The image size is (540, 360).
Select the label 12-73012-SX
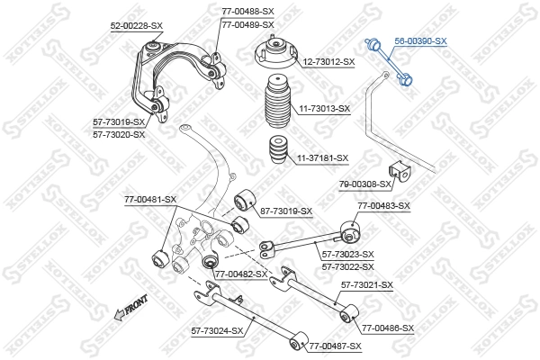328,62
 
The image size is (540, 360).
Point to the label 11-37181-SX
322,157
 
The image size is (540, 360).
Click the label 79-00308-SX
365,184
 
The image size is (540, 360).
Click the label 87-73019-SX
285,211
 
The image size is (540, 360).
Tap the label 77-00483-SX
383,205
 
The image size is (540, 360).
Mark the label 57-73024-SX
217,331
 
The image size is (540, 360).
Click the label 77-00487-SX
335,346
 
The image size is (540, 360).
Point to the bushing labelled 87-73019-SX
242,201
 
